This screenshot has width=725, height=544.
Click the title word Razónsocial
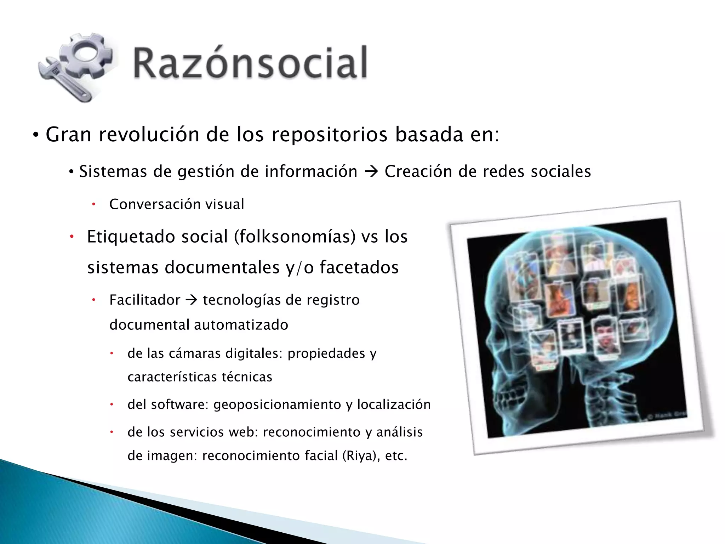(250, 63)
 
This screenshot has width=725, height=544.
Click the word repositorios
(329, 135)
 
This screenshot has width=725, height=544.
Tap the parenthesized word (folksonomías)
(295, 237)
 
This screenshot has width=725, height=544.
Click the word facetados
(359, 267)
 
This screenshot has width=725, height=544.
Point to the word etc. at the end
(396, 456)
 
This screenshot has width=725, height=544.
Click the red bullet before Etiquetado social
(71, 237)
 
